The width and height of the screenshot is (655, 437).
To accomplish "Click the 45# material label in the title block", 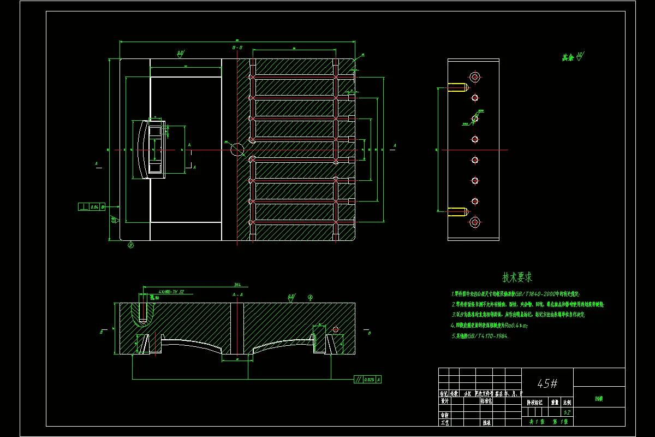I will click(x=547, y=383).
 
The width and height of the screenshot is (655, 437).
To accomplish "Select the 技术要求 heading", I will click(x=517, y=277).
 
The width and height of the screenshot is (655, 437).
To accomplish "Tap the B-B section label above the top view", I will click(x=237, y=48).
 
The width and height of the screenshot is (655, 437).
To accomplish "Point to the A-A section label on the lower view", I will click(x=237, y=295).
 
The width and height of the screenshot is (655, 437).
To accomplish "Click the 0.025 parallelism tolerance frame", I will click(x=367, y=379).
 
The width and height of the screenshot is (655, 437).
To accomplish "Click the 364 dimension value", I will click(x=237, y=285).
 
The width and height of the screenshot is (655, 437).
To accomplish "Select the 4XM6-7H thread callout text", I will click(x=171, y=292).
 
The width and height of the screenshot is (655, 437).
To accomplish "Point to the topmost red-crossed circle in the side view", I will click(x=475, y=77).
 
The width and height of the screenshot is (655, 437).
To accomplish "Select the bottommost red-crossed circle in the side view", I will click(x=475, y=222).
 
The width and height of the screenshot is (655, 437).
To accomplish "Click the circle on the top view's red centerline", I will click(x=237, y=149).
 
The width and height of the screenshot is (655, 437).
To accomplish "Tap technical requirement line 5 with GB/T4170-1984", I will click(x=480, y=336).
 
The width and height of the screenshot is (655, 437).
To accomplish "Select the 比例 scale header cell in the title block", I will click(x=567, y=402).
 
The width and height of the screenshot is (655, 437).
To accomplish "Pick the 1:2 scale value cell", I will click(x=567, y=412).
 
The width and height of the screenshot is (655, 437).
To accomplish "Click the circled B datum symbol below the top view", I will click(x=130, y=245).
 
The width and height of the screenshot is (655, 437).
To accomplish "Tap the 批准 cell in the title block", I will click(x=486, y=422).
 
